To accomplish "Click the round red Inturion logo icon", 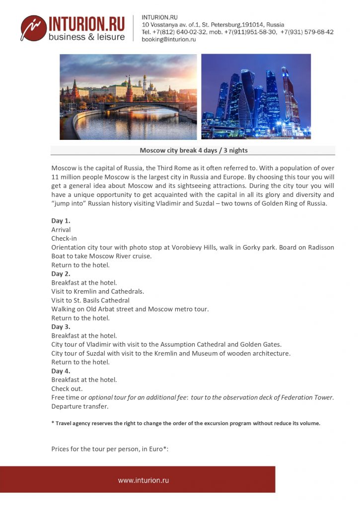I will tap(33, 28).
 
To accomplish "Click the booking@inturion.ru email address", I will tap(169, 40).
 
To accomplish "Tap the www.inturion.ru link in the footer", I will tap(144, 480).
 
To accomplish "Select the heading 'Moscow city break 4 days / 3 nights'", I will tap(193, 150).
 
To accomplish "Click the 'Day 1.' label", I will tap(61, 221).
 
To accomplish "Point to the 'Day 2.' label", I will tap(61, 274).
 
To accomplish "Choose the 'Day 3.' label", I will tap(61, 327).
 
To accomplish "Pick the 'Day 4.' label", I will tap(61, 371).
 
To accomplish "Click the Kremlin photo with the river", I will tap(128, 97).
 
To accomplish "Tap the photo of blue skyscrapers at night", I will tap(256, 97).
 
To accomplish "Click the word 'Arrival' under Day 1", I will tap(61, 230).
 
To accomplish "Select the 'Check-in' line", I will tap(64, 239).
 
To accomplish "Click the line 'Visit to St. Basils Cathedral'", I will tap(90, 300).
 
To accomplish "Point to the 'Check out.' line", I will tap(67, 388).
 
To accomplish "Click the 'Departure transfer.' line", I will tap(79, 406).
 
